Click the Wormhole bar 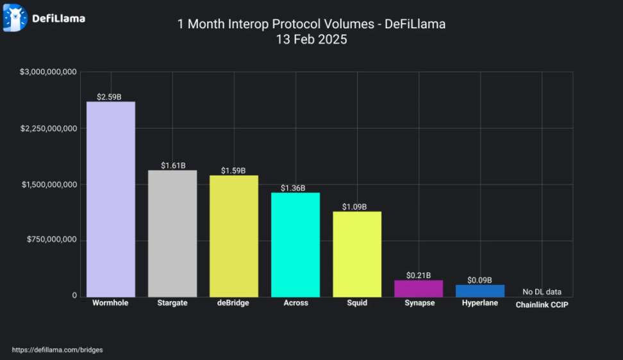coord(111,199)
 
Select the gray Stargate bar coord(172,233)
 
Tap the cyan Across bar coord(295,244)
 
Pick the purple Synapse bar coord(419,288)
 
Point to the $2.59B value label coord(110,97)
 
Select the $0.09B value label coord(479,280)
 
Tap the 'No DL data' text coord(542,292)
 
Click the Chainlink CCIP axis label coord(542,305)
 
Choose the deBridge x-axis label coord(234,303)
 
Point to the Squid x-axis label coord(357,303)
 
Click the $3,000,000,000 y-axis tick coord(49,72)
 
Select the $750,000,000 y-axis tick coord(51,240)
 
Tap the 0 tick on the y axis coord(74,296)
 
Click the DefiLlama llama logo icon coord(15,18)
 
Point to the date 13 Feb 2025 coord(311,40)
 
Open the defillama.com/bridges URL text coord(57,350)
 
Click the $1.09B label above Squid coord(354,207)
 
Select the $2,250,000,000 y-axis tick coord(49,129)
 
